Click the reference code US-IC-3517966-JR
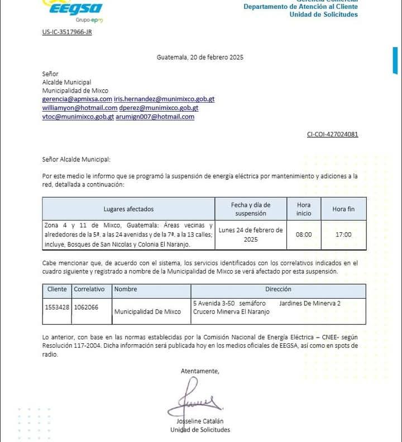click(66, 32)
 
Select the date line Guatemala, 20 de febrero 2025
click(200, 57)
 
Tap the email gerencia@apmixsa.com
click(77, 99)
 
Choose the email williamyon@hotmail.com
click(80, 108)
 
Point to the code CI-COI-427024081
click(332, 134)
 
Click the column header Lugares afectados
click(128, 209)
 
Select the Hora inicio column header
click(304, 209)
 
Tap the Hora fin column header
click(343, 209)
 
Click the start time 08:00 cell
click(304, 234)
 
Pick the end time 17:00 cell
click(343, 234)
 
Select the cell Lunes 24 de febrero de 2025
click(251, 234)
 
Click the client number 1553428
click(57, 307)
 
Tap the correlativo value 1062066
click(86, 307)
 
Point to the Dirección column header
click(278, 290)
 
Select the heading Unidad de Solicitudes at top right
click(323, 15)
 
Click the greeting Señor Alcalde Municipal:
click(76, 159)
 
